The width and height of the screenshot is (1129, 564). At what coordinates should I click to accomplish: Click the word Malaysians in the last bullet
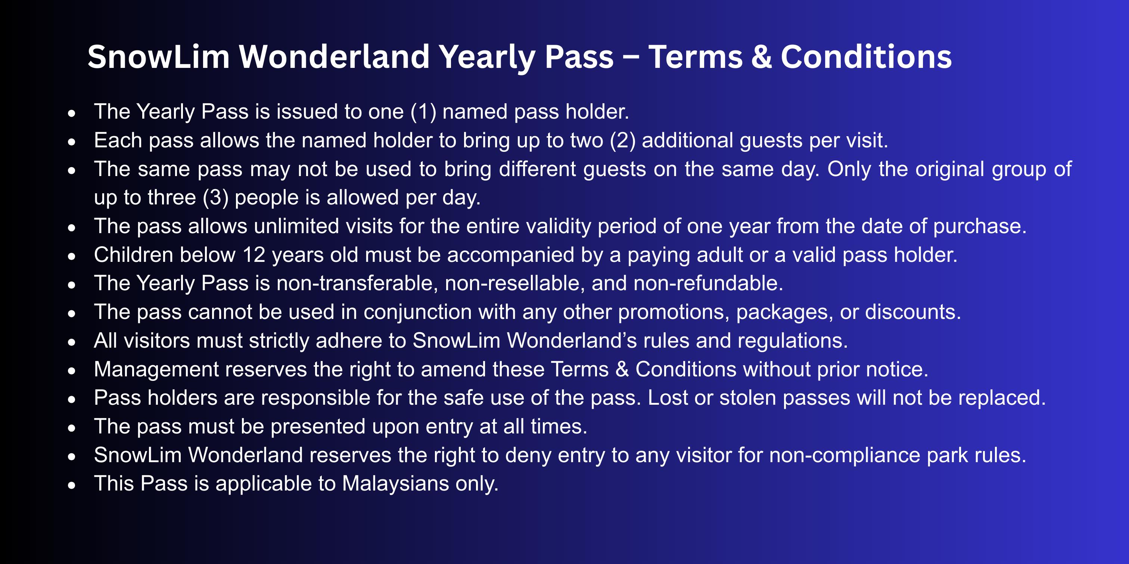395,483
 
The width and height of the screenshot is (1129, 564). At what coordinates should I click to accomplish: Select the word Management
156,370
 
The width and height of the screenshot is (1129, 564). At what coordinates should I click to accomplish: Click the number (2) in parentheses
623,141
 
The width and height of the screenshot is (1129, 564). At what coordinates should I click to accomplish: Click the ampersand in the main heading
762,57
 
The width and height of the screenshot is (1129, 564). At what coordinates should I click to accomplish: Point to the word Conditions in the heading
867,57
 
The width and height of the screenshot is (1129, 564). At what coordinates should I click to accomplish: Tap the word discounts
913,312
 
